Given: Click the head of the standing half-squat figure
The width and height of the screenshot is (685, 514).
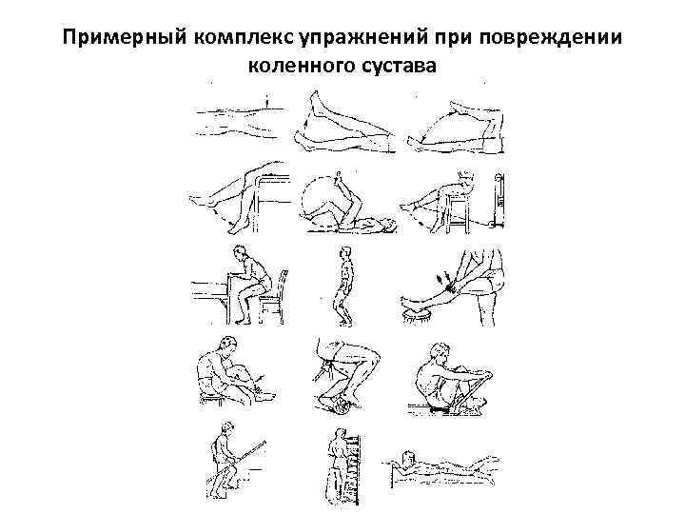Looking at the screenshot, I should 345,254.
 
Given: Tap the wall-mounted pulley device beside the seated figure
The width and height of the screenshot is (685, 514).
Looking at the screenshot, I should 499,205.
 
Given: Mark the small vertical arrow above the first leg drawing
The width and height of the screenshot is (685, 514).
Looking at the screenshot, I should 270,98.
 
